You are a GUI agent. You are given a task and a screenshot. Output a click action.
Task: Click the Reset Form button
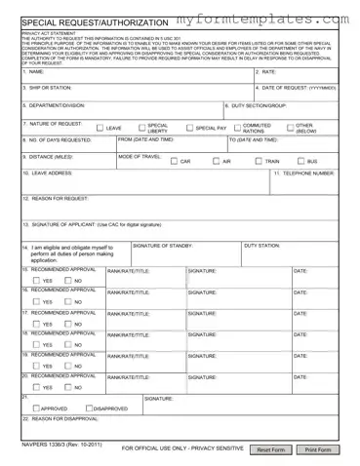(x=270, y=449)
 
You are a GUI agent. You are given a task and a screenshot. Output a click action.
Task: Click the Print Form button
(x=318, y=449)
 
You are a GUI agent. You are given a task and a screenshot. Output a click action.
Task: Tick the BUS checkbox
(x=300, y=161)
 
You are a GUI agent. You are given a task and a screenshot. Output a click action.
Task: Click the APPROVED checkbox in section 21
(x=35, y=408)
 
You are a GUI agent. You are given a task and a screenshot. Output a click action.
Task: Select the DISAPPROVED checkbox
(x=91, y=408)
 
